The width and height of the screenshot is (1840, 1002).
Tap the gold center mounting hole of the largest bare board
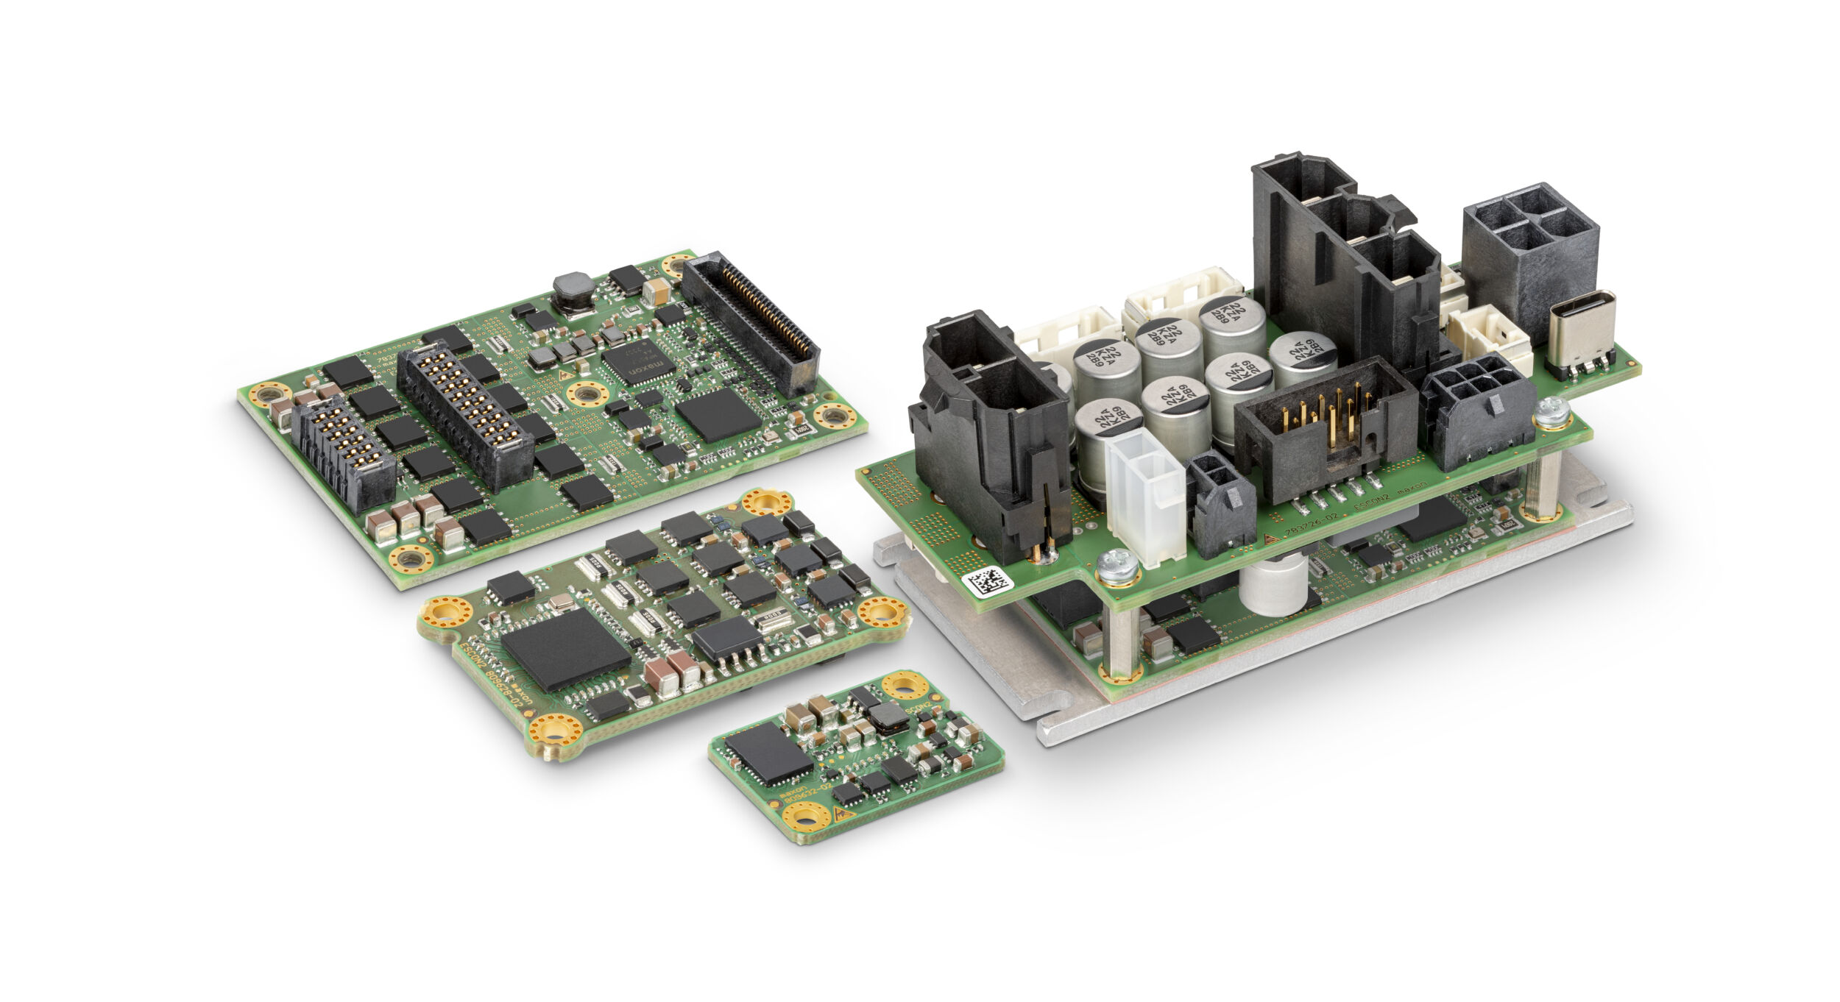coord(587,394)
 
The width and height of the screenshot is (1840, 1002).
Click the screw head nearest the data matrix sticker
coord(1116,566)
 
